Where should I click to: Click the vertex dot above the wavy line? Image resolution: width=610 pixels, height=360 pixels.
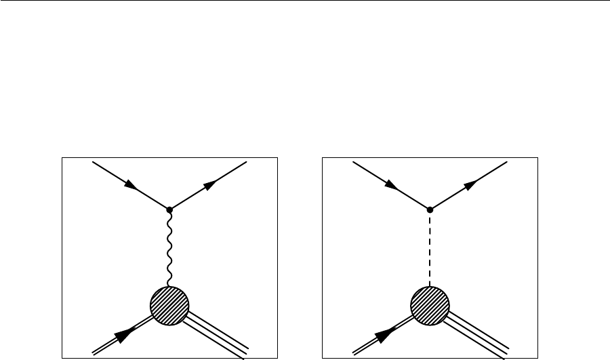pos(169,209)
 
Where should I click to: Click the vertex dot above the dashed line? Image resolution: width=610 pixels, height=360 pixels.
pos(430,209)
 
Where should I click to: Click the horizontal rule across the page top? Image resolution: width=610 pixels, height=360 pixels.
pos(305,1)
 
